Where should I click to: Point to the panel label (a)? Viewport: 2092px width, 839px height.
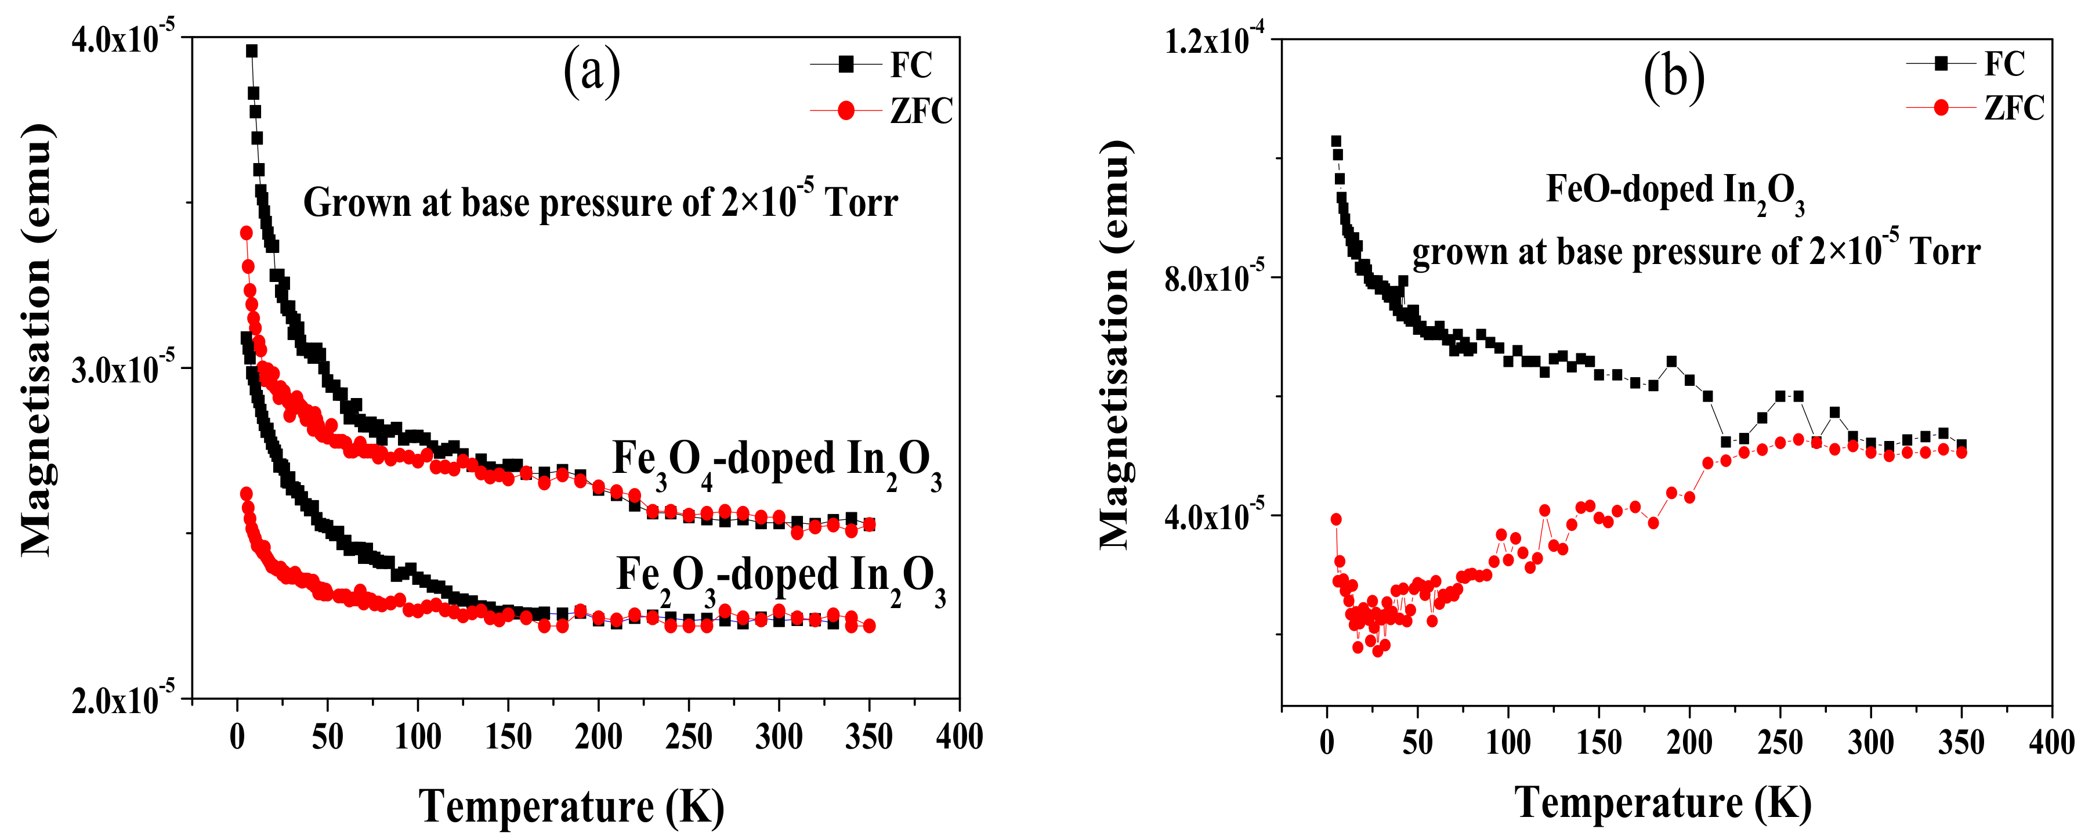coord(591,71)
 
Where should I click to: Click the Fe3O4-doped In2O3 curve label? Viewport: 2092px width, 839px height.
coord(776,463)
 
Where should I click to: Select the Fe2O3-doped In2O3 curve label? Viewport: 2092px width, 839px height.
coord(780,578)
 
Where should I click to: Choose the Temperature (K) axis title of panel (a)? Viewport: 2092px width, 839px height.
coord(571,806)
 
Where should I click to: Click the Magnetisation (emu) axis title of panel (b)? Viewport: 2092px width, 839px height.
coord(1114,345)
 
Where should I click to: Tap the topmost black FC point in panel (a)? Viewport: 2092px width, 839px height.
coord(252,51)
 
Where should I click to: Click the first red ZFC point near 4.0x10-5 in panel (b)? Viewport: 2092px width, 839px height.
coord(1336,519)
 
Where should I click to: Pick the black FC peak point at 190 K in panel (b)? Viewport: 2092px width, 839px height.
coord(1671,361)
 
